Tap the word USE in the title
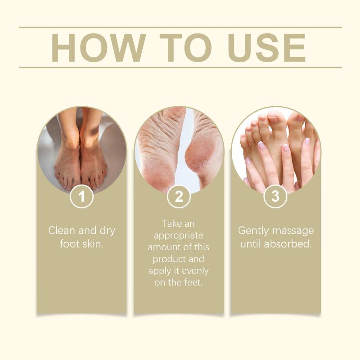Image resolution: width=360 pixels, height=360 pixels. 266,48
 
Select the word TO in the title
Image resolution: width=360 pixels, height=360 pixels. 185,48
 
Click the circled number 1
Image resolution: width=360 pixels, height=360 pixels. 81,196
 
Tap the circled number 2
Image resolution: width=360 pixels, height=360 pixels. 179,196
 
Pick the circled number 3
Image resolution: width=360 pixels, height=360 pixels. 275,196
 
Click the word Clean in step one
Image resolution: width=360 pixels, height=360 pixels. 62,230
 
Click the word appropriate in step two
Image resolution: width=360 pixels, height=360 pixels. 178,236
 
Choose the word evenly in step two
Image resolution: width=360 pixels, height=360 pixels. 195,271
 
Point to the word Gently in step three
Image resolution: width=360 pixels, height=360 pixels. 253,231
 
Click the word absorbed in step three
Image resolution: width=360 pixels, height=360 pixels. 288,244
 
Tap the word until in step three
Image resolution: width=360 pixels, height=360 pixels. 251,244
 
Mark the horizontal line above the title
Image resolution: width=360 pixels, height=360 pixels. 180,27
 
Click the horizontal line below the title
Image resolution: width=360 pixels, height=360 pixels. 180,67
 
